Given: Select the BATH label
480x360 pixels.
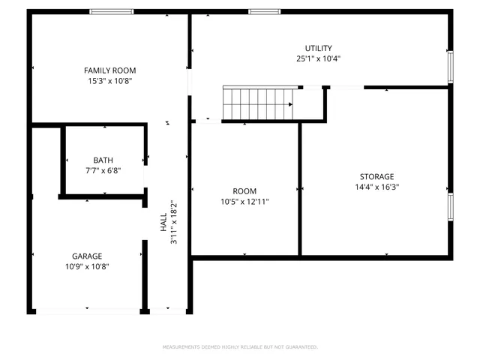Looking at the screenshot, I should click(103, 160).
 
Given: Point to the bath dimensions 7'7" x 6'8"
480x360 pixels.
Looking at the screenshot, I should click(103, 170).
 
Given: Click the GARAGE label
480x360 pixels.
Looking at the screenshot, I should click(87, 256).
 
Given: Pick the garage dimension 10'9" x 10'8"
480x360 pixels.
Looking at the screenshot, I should click(87, 266).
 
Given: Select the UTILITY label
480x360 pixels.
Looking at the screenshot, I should click(318, 48).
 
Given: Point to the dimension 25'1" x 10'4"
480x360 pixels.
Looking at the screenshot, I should click(318, 58).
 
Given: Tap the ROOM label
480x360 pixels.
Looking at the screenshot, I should click(244, 191).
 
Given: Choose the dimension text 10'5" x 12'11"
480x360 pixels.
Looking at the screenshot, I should click(244, 202).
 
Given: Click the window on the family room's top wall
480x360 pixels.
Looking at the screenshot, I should click(112, 11).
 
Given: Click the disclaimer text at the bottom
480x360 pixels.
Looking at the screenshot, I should click(240, 347).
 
